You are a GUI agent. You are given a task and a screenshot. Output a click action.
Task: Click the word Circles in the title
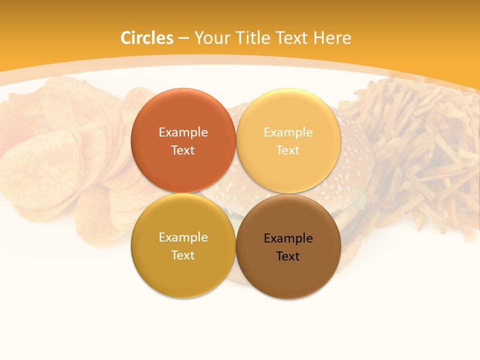[x=146, y=37]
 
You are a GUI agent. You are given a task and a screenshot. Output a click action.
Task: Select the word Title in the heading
[x=259, y=37]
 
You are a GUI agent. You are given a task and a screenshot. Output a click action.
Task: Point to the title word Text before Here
[x=295, y=37]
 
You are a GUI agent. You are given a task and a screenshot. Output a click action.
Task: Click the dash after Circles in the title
[x=183, y=38]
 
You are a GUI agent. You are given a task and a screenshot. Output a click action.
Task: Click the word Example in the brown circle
[x=288, y=238]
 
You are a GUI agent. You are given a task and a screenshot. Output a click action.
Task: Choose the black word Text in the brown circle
[x=288, y=256]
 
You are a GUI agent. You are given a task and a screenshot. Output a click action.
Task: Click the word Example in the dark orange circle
[x=183, y=132]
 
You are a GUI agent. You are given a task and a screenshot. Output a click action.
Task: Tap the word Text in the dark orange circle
[x=183, y=150]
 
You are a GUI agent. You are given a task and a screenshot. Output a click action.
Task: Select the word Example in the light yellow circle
[x=288, y=132]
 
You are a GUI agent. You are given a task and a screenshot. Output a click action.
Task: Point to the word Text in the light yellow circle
[x=288, y=150]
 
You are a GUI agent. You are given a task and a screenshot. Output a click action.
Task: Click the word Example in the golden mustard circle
[x=183, y=237]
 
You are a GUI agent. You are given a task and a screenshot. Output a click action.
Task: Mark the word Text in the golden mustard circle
[x=183, y=255]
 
